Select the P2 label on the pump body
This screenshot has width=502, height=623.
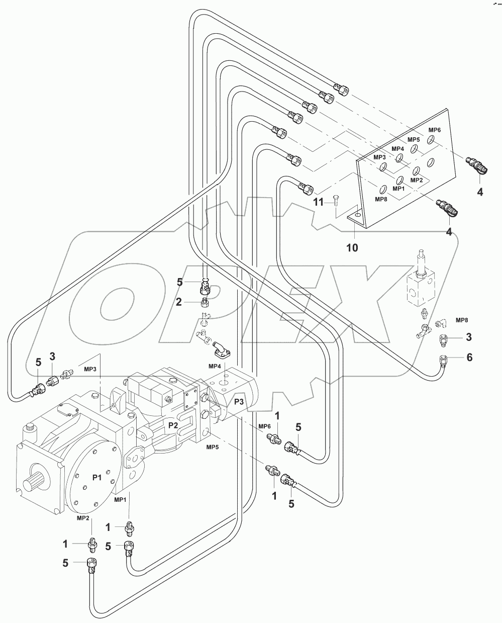point(173,425)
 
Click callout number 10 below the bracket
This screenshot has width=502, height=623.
point(352,247)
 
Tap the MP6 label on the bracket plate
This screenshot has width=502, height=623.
point(435,130)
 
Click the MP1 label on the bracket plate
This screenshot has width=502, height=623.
point(398,189)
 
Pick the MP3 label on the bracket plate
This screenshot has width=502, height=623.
point(379,157)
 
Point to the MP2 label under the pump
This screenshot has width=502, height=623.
point(83,517)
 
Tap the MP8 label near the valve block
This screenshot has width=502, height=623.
point(462,320)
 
